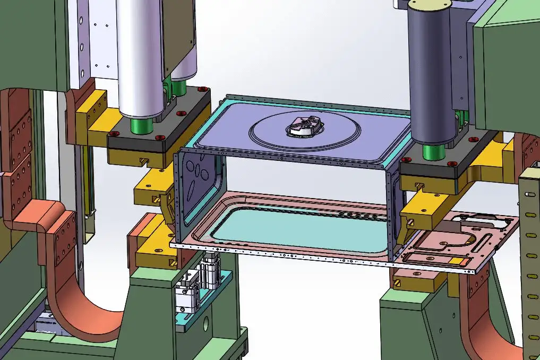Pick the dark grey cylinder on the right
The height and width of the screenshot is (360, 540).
click(x=430, y=74)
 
